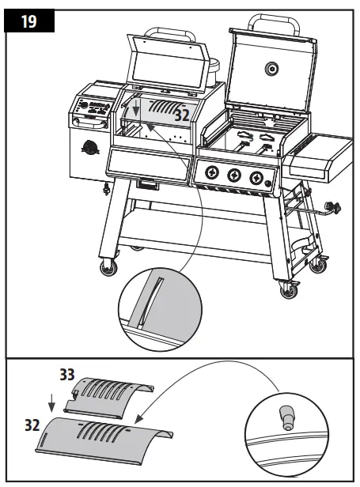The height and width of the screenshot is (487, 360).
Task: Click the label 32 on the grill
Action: (181, 114)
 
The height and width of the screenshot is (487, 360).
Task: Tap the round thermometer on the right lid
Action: (271, 69)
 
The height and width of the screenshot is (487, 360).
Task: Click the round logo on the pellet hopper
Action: (89, 148)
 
